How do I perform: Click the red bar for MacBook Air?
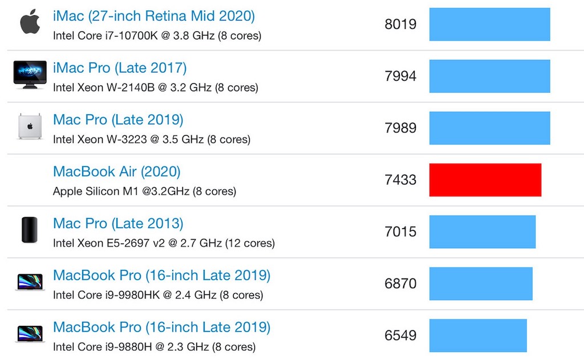click(x=485, y=180)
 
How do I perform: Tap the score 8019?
click(x=400, y=25)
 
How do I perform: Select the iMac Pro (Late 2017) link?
click(x=120, y=68)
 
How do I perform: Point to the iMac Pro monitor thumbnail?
click(x=30, y=75)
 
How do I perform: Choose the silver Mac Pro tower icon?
click(x=30, y=127)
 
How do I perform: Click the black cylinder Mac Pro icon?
click(x=30, y=230)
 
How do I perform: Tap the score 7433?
click(x=400, y=180)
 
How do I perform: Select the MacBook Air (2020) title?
click(x=116, y=172)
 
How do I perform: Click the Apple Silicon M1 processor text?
click(x=144, y=191)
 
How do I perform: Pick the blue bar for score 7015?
click(x=482, y=232)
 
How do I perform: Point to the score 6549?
click(x=400, y=335)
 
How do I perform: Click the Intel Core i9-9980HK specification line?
click(x=157, y=295)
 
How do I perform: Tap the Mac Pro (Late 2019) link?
click(x=118, y=120)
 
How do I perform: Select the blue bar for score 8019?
click(x=489, y=25)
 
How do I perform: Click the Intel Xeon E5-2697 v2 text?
click(x=164, y=243)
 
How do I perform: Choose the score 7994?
click(x=400, y=76)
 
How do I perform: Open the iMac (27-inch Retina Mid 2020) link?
click(x=153, y=16)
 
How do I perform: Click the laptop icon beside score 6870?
click(x=30, y=282)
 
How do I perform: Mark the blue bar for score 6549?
click(x=478, y=335)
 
